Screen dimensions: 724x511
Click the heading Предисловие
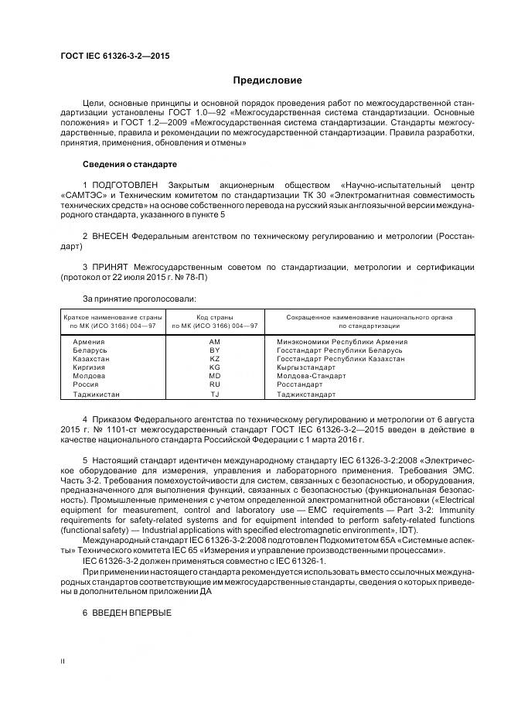(x=267, y=80)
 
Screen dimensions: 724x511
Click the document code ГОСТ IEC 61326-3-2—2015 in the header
(x=115, y=56)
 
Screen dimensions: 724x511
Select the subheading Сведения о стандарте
(x=129, y=165)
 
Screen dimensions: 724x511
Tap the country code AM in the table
(x=215, y=342)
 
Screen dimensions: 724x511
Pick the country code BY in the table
(x=215, y=350)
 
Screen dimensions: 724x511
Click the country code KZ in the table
(x=215, y=359)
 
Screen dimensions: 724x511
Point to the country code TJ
(x=215, y=394)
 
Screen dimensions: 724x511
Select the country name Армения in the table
(x=89, y=342)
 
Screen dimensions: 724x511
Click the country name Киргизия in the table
(x=90, y=367)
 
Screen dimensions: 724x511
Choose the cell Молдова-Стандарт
(x=306, y=376)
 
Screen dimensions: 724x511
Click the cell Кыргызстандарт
(x=305, y=367)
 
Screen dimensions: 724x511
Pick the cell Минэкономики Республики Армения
(x=342, y=342)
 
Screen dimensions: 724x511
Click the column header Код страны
(x=214, y=317)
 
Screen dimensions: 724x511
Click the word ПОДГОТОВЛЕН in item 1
(x=125, y=186)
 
